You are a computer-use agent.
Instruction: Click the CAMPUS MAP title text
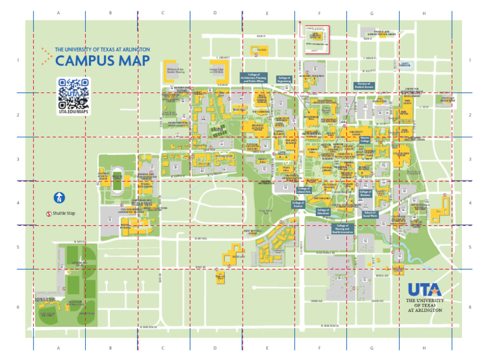[x=102, y=61]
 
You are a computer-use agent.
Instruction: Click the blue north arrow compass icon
[x=58, y=198]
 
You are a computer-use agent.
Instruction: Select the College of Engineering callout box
[x=284, y=80]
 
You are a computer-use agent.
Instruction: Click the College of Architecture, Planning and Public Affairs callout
[x=256, y=78]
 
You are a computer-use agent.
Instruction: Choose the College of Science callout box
[x=297, y=204]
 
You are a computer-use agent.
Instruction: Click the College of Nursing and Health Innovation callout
[x=342, y=229]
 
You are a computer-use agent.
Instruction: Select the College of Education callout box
[x=323, y=211]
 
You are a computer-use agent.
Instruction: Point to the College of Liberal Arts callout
[x=304, y=190]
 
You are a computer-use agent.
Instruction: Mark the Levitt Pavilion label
[x=405, y=64]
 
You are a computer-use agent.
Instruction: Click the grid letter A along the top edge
[x=58, y=13]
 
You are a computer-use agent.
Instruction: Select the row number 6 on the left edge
[x=18, y=307]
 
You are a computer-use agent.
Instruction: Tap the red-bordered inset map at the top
[x=316, y=39]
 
